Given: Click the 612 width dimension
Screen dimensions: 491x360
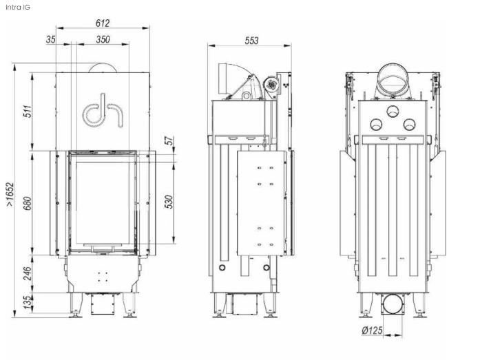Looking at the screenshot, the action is coord(103,23).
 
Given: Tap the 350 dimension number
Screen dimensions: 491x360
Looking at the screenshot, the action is coord(103,39).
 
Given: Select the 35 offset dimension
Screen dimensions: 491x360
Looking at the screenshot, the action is coord(51,39).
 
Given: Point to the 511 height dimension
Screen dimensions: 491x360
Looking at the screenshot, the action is coord(28,111).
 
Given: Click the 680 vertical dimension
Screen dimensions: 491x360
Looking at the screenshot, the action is coord(28,203).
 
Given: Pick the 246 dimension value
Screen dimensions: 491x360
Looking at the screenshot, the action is coord(28,273).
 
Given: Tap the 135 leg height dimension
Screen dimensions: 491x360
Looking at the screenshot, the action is coord(28,302).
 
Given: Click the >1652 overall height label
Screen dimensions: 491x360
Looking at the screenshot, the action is coord(10,194).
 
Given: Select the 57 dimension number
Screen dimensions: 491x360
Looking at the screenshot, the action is coord(169,140).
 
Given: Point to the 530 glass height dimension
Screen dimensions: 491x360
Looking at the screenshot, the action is coord(169,202).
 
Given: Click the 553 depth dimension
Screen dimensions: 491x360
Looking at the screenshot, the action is coord(251,41).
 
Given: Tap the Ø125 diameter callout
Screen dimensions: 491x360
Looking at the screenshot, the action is coord(372,330).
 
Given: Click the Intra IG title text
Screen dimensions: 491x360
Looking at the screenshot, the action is coord(18,7).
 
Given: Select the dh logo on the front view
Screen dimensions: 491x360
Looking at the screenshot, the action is coord(103,110).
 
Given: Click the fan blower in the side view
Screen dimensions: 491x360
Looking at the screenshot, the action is coord(271,84).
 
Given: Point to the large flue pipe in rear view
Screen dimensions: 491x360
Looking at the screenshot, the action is coord(393,81).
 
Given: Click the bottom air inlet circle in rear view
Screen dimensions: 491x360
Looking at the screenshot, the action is coord(393,304).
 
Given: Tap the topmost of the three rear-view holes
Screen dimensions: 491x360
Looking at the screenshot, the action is coord(393,111).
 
